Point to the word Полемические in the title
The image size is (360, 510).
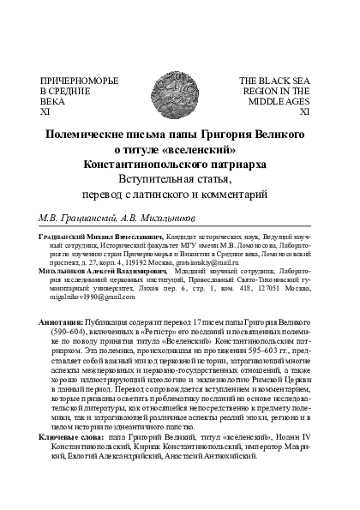pyautogui.click(x=84, y=134)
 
